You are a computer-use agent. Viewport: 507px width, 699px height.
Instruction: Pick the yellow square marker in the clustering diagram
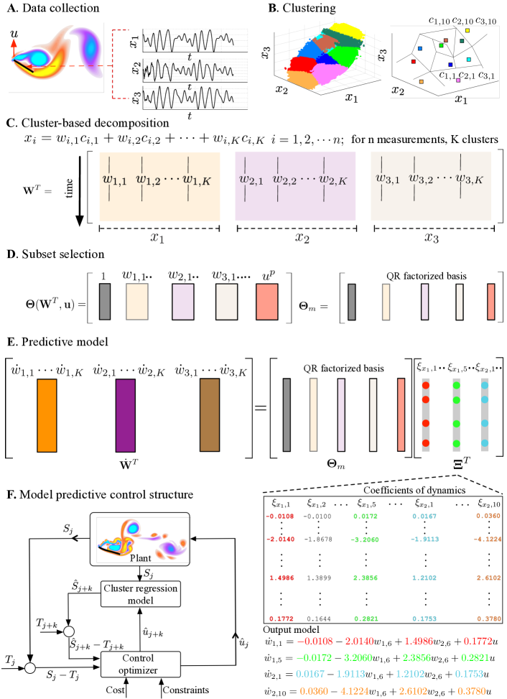click(x=467, y=31)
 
